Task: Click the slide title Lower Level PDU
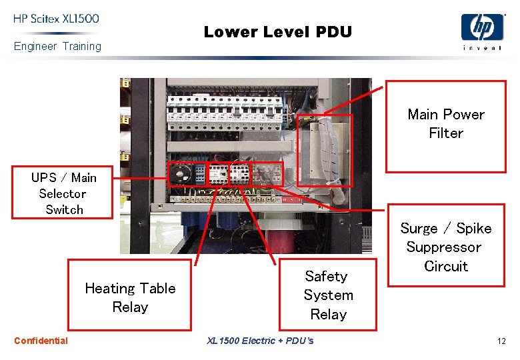[x=277, y=31]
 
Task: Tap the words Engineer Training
[x=57, y=47]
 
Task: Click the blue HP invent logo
[x=482, y=31]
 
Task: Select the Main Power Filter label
[x=446, y=124]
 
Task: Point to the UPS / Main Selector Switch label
[x=64, y=193]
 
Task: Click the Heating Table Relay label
[x=130, y=297]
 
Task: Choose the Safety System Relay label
[x=327, y=295]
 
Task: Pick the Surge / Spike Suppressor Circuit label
[x=446, y=247]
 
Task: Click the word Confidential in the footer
[x=41, y=341]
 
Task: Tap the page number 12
[x=501, y=341]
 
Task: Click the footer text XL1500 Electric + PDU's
[x=260, y=341]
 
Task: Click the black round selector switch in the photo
[x=180, y=175]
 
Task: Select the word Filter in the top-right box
[x=446, y=133]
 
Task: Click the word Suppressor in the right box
[x=443, y=247]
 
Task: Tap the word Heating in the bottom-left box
[x=110, y=289]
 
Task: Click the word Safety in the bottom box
[x=326, y=276]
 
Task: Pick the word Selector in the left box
[x=63, y=193]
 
